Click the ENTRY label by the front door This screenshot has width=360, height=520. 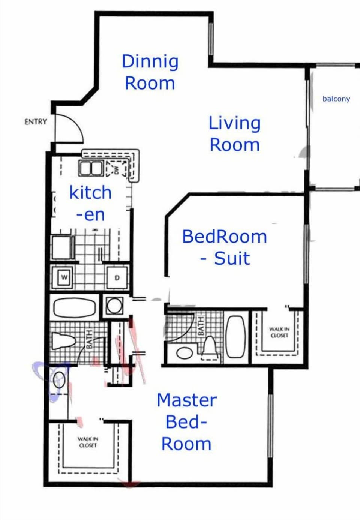pyautogui.click(x=36, y=121)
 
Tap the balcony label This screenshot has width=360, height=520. pyautogui.click(x=336, y=99)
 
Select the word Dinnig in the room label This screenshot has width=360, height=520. pyautogui.click(x=150, y=62)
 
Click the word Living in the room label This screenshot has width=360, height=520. pyautogui.click(x=234, y=123)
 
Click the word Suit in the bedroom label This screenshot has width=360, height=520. pyautogui.click(x=232, y=258)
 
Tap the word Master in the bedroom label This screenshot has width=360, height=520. pyautogui.click(x=187, y=400)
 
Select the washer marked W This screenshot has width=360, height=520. pyautogui.click(x=64, y=277)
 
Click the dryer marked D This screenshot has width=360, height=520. pyautogui.click(x=117, y=278)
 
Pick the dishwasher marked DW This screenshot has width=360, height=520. pyautogui.click(x=116, y=170)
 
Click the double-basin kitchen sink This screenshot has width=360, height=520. pyautogui.click(x=90, y=168)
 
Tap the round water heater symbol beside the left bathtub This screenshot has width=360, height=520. pyautogui.click(x=114, y=306)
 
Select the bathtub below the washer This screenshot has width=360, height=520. pyautogui.click(x=75, y=307)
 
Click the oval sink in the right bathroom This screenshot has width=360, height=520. pyautogui.click(x=184, y=352)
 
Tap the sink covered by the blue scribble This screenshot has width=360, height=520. pyautogui.click(x=59, y=380)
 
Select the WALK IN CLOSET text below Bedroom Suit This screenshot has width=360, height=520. pyautogui.click(x=279, y=332)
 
